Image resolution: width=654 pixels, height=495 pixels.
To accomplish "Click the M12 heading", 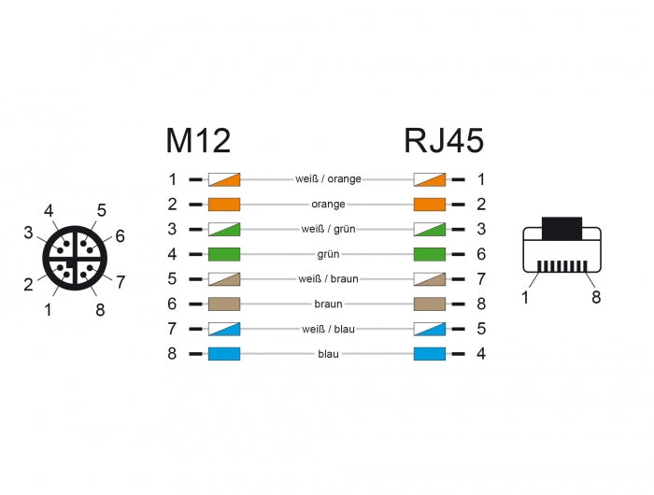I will click(x=198, y=141).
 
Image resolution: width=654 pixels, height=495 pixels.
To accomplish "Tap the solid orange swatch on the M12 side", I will click(x=224, y=204).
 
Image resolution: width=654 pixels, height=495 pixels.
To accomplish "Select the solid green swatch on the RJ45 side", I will click(x=428, y=254).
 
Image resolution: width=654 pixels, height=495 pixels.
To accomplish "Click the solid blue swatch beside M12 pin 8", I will click(x=224, y=354).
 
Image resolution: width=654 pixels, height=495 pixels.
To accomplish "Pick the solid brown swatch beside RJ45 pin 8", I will click(x=428, y=304).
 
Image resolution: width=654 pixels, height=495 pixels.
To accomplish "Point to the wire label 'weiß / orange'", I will click(x=327, y=178).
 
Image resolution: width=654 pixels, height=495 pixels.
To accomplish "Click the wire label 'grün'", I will click(x=327, y=254).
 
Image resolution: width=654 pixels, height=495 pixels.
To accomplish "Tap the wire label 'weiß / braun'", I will click(x=327, y=279).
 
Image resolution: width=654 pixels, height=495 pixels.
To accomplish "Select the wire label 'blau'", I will click(x=327, y=354).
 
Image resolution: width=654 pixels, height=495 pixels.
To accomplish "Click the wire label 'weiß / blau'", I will click(x=327, y=329).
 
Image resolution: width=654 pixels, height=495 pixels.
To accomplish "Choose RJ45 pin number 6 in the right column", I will click(x=480, y=254).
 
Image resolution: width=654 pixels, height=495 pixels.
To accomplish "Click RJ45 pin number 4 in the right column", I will click(x=480, y=354).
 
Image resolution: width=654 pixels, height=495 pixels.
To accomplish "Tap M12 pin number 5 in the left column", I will click(x=172, y=279).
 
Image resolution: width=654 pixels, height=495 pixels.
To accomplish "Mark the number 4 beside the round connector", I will click(x=49, y=211).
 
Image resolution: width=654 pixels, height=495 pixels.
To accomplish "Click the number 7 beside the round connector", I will click(x=121, y=279).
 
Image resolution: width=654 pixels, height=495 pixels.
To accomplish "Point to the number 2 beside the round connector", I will click(x=29, y=285).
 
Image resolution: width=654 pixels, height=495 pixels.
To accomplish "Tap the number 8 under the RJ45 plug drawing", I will click(x=596, y=297).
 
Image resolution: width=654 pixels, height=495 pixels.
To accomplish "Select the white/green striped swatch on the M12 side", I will click(x=224, y=229).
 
